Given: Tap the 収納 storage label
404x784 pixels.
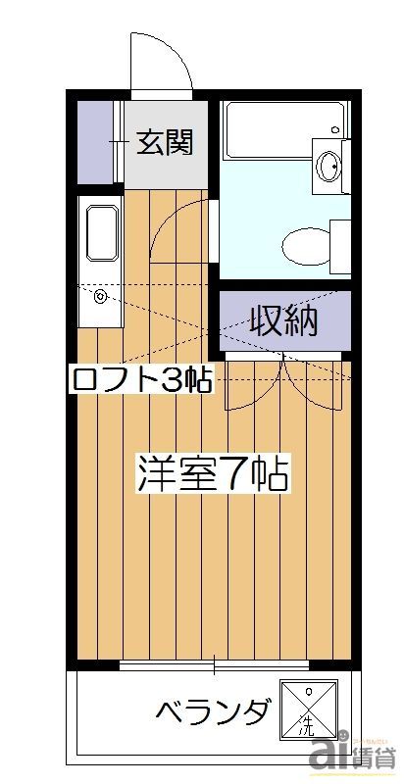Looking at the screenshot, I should [282, 321].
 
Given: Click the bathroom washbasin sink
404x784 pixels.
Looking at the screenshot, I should [331, 164].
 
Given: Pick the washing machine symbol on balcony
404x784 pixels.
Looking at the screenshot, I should [307, 709].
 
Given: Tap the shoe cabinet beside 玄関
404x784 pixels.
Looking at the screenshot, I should [98, 143].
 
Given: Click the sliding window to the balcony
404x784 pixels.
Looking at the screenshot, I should [215, 666].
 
